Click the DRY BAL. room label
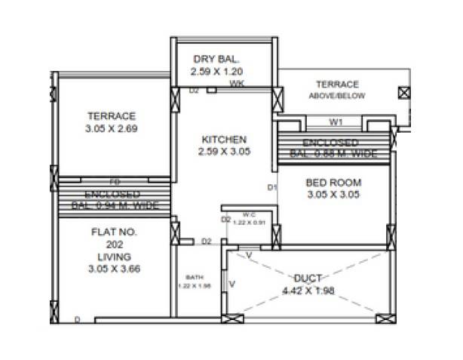tap(216, 59)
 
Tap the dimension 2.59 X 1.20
tap(216, 72)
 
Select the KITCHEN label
tap(224, 140)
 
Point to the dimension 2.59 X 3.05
tap(224, 152)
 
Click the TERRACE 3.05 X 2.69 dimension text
tap(112, 128)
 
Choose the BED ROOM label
tap(334, 182)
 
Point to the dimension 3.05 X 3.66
tap(114, 269)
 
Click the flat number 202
tap(114, 245)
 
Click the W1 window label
tap(336, 121)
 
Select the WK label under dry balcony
tap(236, 83)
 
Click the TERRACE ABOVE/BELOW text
tap(337, 90)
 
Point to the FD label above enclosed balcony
tap(115, 182)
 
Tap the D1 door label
tap(271, 187)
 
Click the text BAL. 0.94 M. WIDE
tap(115, 205)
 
